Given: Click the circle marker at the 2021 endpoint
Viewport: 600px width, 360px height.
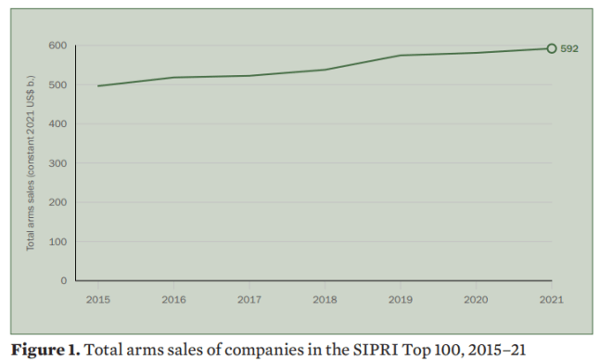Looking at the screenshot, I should pyautogui.click(x=552, y=49).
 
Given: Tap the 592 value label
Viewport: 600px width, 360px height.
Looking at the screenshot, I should pyautogui.click(x=569, y=49).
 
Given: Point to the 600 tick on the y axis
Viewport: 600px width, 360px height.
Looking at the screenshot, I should pyautogui.click(x=57, y=45).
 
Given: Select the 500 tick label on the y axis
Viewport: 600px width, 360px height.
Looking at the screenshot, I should pyautogui.click(x=57, y=85).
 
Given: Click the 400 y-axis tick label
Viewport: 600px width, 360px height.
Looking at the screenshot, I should pyautogui.click(x=57, y=124).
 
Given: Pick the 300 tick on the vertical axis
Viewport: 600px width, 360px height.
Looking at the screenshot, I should pyautogui.click(x=57, y=163).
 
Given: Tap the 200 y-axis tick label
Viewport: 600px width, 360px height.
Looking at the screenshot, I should pyautogui.click(x=57, y=202).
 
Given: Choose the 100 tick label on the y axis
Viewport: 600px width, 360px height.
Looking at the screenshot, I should pyautogui.click(x=57, y=241).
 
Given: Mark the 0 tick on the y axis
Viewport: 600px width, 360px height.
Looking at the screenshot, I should pyautogui.click(x=63, y=280).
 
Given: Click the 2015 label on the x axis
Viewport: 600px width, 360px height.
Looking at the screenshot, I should pyautogui.click(x=97, y=300).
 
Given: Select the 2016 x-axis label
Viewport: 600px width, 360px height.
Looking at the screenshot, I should pyautogui.click(x=173, y=300).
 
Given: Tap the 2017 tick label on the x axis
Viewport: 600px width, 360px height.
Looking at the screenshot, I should pyautogui.click(x=249, y=300).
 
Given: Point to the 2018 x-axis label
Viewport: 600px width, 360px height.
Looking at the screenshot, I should pyautogui.click(x=325, y=300).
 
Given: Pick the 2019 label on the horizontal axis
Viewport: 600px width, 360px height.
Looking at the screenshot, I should pyautogui.click(x=400, y=300).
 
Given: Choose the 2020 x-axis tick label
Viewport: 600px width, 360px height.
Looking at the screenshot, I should pyautogui.click(x=476, y=300).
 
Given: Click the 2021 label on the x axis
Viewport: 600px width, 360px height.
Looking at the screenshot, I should pyautogui.click(x=552, y=300).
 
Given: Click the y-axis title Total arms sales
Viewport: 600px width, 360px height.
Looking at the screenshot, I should pyautogui.click(x=31, y=163).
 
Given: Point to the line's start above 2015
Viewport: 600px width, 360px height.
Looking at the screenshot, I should pyautogui.click(x=97, y=85).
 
